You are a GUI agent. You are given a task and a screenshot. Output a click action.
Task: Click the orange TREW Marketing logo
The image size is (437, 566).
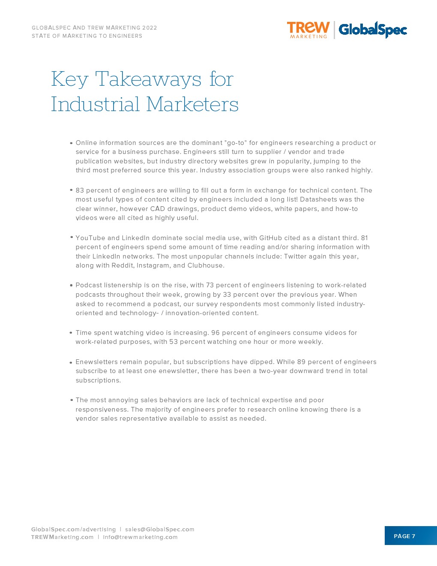[x=308, y=30]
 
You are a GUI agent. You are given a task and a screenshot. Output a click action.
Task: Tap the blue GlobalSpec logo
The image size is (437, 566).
[x=372, y=30]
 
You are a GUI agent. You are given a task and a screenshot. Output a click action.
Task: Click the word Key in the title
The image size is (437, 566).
[x=70, y=79]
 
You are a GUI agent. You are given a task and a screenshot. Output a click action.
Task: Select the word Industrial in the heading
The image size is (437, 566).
[x=95, y=104]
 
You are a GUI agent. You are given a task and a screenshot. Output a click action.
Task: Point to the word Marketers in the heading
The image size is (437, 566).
[x=192, y=104]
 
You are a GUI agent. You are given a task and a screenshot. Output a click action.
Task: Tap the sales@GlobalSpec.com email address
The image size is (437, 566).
[x=159, y=530]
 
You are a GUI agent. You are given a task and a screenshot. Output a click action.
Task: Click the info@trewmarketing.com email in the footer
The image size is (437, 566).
[x=140, y=537]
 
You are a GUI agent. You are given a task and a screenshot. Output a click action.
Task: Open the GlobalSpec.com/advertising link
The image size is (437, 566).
[x=73, y=530]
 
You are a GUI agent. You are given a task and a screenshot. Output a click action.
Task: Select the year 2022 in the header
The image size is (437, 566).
[x=150, y=28]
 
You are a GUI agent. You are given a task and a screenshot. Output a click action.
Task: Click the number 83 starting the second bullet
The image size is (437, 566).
[x=80, y=190]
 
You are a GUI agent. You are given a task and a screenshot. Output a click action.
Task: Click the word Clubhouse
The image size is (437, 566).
[x=205, y=265]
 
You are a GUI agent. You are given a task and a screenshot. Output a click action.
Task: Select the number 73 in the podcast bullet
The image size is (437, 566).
[x=210, y=285]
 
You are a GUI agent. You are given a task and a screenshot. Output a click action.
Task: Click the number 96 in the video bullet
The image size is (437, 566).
[x=215, y=333]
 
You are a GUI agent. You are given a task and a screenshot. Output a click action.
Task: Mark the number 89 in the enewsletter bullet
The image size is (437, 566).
[x=301, y=362]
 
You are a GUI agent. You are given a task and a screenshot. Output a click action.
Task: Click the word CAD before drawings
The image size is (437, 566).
[x=158, y=209]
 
